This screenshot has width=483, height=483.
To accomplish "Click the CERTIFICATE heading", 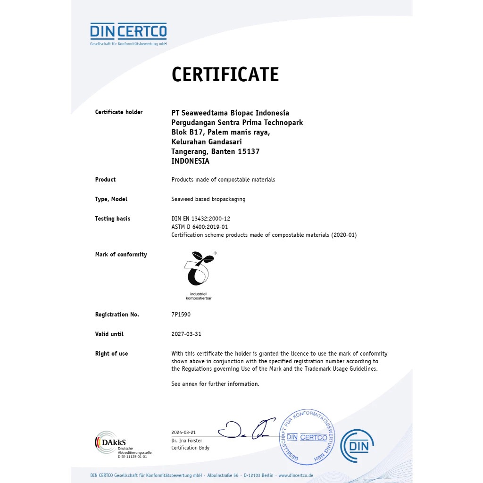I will tap(225, 75).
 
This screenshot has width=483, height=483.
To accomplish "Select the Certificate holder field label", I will tap(119, 112).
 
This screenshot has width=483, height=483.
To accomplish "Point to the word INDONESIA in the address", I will tap(190, 161).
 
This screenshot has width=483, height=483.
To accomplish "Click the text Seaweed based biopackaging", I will tap(208, 199).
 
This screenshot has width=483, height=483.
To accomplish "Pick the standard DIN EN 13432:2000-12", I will tap(200, 219).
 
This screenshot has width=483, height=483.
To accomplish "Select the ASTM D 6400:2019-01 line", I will tap(200, 227).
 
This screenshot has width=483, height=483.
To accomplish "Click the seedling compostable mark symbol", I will tap(198, 269).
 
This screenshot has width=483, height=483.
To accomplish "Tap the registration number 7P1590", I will tap(181, 315).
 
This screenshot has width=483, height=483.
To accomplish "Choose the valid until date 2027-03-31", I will tap(186, 334).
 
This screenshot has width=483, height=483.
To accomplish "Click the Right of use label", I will tap(111, 354).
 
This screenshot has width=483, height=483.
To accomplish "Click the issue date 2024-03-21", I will tap(183, 433).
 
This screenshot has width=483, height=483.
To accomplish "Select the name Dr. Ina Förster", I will tap(187, 441).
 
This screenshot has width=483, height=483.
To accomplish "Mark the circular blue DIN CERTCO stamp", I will tap(307, 437).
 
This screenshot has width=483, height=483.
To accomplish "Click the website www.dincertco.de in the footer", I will tap(296, 475).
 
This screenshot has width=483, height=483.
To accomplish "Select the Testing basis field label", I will tap(113, 219).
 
